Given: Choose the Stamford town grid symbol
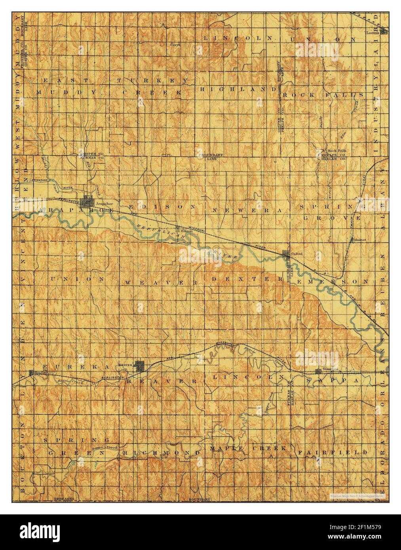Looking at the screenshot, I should coord(318,371).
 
